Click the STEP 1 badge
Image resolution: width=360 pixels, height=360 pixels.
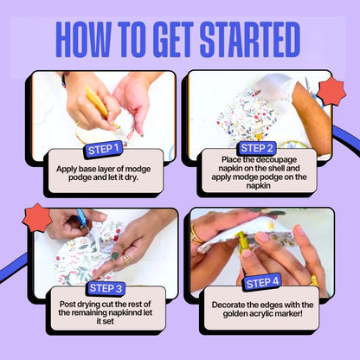[x=103, y=150]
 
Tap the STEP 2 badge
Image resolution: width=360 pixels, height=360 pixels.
[x=256, y=148]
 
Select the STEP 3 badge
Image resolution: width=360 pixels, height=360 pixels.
[x=106, y=288]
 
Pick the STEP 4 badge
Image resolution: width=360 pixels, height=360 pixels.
[x=262, y=282]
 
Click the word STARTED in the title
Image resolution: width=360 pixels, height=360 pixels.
[x=250, y=40]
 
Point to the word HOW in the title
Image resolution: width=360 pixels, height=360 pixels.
[x=83, y=40]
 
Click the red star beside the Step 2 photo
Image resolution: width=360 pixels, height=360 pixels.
[x=331, y=92]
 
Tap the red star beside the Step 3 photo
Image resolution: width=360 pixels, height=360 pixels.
[x=37, y=218]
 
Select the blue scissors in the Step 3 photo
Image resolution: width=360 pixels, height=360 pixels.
[x=82, y=219]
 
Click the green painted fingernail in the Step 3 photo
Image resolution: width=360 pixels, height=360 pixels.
[x=115, y=255]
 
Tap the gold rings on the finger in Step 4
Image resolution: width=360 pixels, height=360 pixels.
[x=196, y=234]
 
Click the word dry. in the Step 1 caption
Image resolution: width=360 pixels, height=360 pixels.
[x=132, y=177]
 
